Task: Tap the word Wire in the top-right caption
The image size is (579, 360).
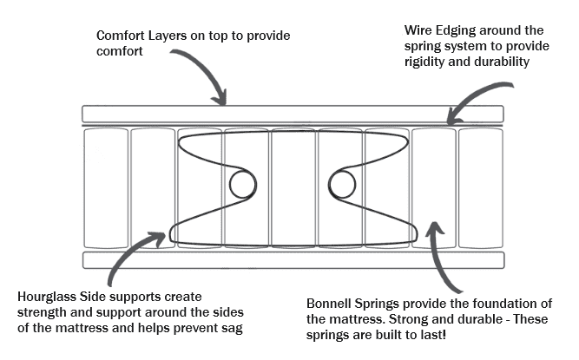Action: pos(418,30)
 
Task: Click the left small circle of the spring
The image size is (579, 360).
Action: pos(242,183)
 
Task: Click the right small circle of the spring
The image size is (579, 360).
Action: pos(343,183)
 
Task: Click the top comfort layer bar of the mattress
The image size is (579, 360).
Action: pos(293,114)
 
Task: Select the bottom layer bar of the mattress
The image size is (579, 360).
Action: pos(293,259)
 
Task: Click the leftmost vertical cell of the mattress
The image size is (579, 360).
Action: pos(104,187)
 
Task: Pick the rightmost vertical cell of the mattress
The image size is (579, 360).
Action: pos(480,187)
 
